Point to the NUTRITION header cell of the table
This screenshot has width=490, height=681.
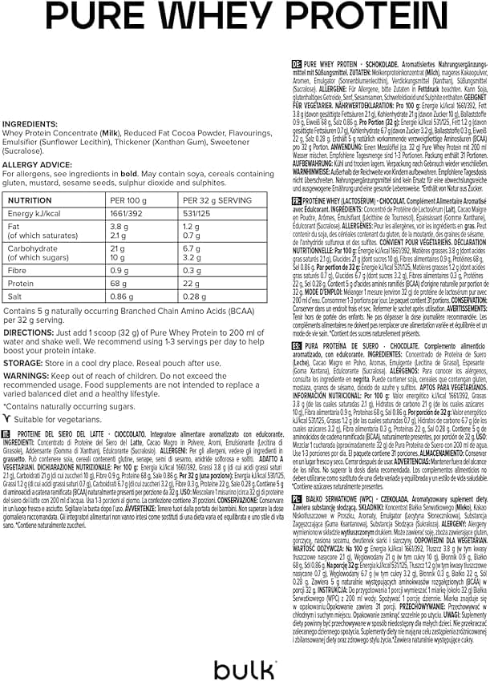pyautogui.click(x=30, y=200)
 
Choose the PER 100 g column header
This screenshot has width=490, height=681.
pyautogui.click(x=128, y=200)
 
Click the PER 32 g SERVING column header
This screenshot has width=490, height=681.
pyautogui.click(x=217, y=200)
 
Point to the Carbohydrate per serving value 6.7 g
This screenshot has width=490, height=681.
pyautogui.click(x=193, y=248)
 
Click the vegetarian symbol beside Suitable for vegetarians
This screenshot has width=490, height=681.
pyautogui.click(x=7, y=417)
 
